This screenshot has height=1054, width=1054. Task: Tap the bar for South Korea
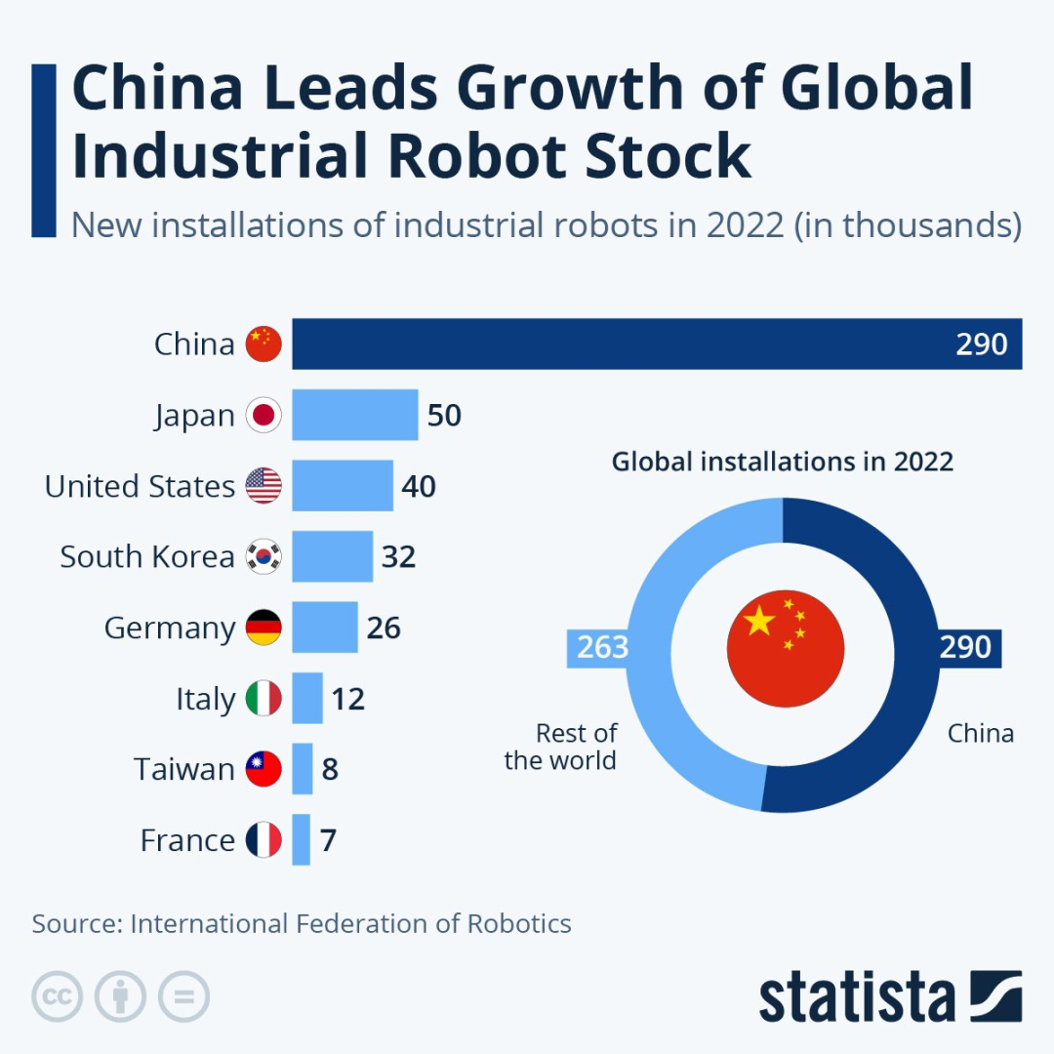click(333, 556)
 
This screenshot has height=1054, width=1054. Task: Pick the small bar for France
click(302, 839)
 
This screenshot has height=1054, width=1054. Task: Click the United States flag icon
click(263, 486)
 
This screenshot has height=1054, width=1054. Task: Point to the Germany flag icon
click(263, 628)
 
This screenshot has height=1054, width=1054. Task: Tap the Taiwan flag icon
click(263, 769)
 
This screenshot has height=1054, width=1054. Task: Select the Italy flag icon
click(263, 699)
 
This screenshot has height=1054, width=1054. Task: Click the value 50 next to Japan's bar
click(444, 416)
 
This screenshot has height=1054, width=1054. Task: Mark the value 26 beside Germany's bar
click(384, 628)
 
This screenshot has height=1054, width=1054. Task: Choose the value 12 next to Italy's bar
click(347, 699)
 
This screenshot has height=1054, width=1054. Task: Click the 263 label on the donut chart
click(601, 647)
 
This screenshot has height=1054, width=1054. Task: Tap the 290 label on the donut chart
click(965, 647)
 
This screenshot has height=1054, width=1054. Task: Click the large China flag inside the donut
click(785, 649)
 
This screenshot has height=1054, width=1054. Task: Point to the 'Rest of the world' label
click(561, 747)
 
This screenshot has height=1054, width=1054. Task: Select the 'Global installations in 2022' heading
click(782, 461)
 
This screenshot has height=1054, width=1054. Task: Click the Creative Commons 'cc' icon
click(58, 996)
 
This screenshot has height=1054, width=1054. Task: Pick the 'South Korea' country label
click(147, 556)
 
